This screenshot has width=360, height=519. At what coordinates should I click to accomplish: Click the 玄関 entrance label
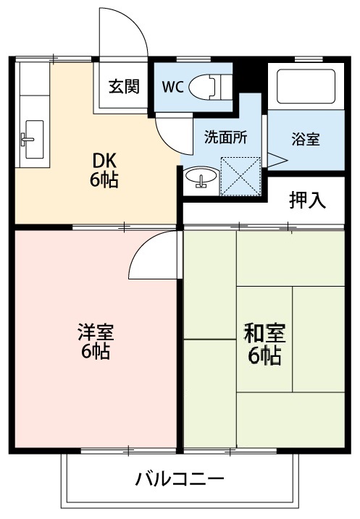click(124, 88)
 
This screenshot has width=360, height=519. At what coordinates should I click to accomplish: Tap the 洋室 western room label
click(96, 334)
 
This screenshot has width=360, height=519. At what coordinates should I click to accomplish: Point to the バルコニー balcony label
click(180, 479)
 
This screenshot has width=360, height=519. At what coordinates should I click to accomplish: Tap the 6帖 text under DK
click(104, 180)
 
